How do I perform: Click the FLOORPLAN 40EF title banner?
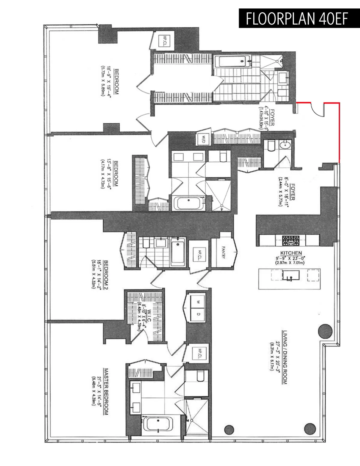[299, 19]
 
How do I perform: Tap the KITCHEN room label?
[291, 253]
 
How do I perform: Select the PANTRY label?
[223, 252]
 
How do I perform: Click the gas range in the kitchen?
[290, 240]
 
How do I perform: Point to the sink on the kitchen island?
[290, 275]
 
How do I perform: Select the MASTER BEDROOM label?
[106, 392]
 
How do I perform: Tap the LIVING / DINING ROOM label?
[284, 357]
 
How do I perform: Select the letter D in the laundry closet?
[198, 314]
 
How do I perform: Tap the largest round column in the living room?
[325, 331]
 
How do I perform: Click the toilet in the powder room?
[271, 145]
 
